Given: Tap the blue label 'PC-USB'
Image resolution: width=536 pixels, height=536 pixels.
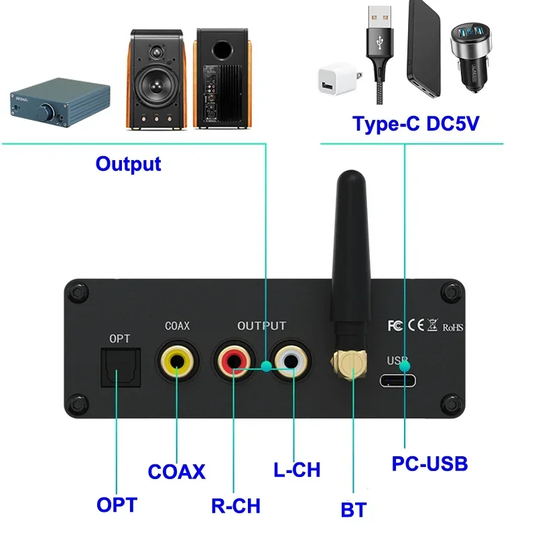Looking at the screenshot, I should pyautogui.click(x=429, y=463).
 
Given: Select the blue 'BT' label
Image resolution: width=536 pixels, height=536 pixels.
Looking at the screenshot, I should pyautogui.click(x=353, y=510).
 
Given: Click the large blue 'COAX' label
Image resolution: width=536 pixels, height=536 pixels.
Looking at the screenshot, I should pyautogui.click(x=176, y=471).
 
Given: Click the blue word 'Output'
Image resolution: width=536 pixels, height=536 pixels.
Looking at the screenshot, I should pyautogui.click(x=128, y=163).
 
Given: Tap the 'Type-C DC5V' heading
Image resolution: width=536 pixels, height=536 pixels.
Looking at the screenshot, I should pyautogui.click(x=415, y=124).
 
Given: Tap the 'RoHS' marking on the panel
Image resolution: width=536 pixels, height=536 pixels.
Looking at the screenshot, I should pyautogui.click(x=452, y=327).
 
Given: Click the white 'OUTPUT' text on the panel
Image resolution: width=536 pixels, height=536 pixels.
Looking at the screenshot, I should pyautogui.click(x=261, y=326).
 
